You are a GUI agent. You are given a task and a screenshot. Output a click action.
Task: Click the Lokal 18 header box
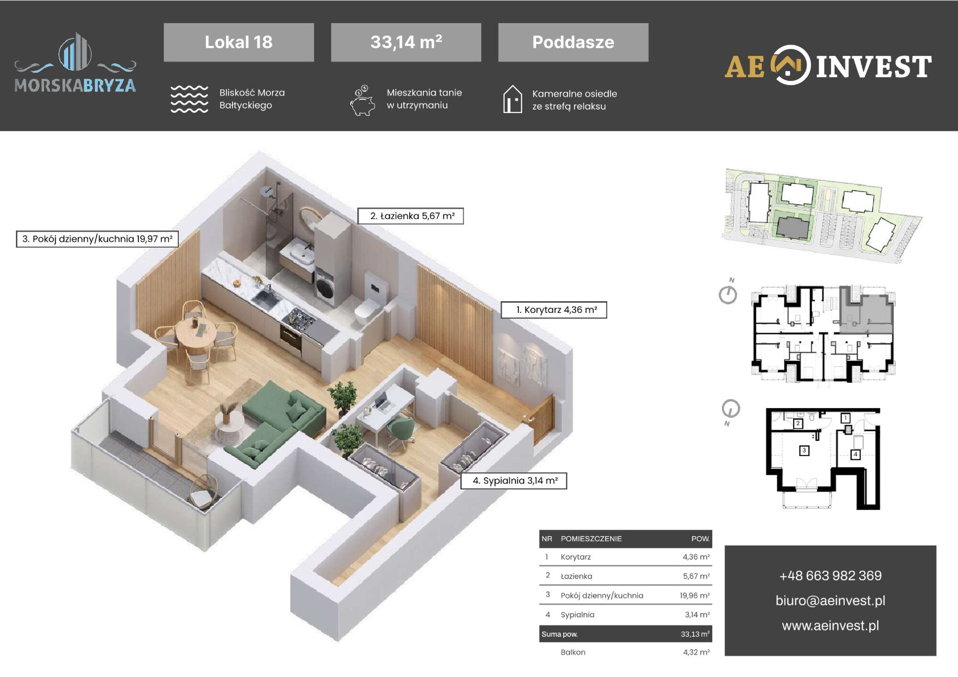point(239,42)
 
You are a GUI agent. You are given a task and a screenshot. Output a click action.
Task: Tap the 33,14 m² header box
point(406,42)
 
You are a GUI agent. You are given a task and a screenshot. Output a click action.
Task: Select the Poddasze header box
point(573,42)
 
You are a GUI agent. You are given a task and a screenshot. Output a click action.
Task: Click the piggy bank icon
point(362,101)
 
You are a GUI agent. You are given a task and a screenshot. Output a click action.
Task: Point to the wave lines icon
point(189,99)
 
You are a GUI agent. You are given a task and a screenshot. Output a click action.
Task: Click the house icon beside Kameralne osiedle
point(513,99)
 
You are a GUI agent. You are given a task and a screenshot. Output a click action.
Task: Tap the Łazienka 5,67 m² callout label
point(411,216)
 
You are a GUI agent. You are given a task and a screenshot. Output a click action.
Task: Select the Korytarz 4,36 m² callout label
point(554,310)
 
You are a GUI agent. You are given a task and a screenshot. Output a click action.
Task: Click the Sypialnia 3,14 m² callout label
point(513,481)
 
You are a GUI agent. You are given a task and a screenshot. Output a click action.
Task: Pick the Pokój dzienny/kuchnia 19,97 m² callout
point(97,239)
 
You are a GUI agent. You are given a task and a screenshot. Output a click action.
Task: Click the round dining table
point(195,333)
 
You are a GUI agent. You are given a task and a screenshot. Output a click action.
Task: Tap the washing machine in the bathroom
point(326,287)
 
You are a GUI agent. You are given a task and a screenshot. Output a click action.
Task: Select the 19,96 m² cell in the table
point(695,596)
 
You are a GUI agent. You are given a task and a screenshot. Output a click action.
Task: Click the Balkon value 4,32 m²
point(696,652)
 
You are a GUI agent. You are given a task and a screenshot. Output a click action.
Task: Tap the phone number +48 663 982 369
point(830,575)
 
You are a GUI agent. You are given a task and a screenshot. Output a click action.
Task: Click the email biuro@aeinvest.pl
point(830,601)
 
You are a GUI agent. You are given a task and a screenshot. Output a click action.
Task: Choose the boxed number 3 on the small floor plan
point(804,450)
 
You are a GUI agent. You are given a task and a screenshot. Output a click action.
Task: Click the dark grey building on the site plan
point(793,226)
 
